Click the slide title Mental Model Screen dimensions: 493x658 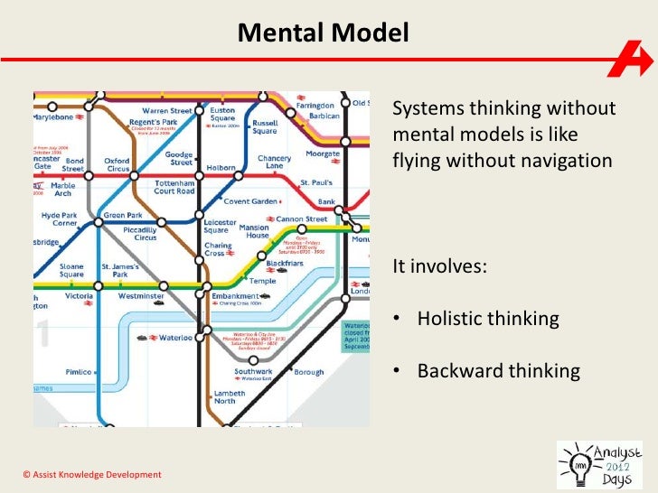pyautogui.click(x=324, y=34)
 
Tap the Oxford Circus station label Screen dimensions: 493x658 pyautogui.click(x=117, y=165)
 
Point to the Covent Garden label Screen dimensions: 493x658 pyautogui.click(x=249, y=201)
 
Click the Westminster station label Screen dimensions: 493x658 pyautogui.click(x=141, y=295)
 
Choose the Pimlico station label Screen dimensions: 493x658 pyautogui.click(x=79, y=372)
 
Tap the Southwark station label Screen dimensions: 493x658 pyautogui.click(x=253, y=372)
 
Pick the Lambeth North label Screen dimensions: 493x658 pyautogui.click(x=230, y=398)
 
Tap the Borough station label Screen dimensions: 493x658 pyautogui.click(x=308, y=372)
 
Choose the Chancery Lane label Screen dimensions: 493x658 pyautogui.click(x=275, y=163)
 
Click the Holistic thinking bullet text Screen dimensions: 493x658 pyautogui.click(x=487, y=319)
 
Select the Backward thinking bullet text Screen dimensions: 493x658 pyautogui.click(x=497, y=371)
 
